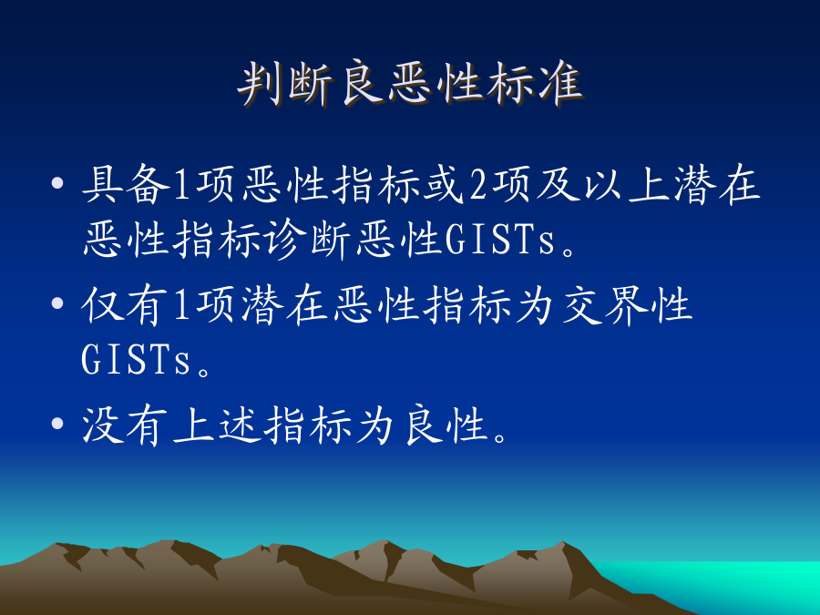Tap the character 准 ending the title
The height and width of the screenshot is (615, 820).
(x=560, y=84)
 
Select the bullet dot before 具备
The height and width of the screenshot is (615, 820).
(x=57, y=183)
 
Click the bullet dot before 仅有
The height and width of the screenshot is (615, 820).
(x=57, y=303)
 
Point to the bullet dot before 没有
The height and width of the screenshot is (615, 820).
(x=57, y=423)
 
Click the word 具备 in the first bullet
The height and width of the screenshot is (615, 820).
(x=126, y=184)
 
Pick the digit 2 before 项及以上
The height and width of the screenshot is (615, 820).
(x=478, y=185)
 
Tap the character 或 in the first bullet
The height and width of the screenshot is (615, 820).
(x=444, y=184)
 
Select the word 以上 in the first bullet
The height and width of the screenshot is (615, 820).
(x=628, y=184)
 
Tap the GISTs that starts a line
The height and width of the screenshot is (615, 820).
(x=136, y=360)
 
